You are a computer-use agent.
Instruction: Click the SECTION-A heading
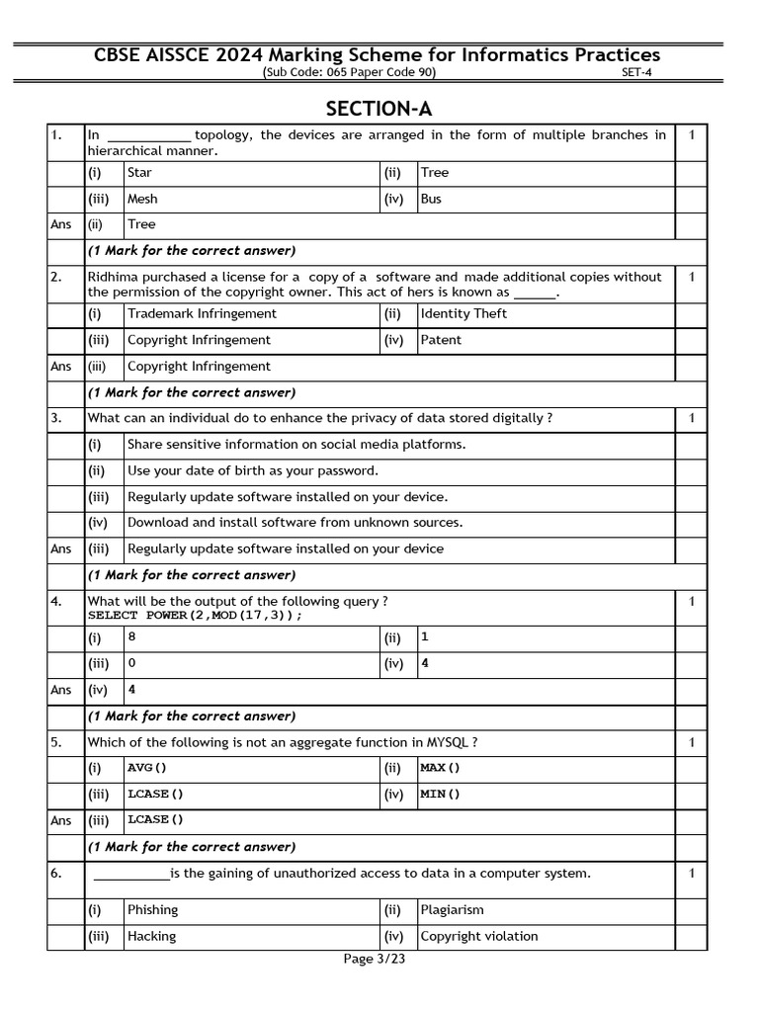[379, 108]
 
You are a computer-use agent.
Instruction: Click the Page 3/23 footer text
[375, 959]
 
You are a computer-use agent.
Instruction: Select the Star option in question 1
[139, 173]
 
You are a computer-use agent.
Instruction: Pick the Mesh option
[142, 199]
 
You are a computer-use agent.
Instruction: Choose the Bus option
[431, 199]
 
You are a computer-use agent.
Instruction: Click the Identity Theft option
[464, 313]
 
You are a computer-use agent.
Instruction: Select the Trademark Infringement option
[202, 313]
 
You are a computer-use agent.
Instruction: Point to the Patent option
[441, 340]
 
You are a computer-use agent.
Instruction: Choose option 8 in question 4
[131, 637]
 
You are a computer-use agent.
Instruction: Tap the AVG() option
[147, 768]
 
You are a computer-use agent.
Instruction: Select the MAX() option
[440, 768]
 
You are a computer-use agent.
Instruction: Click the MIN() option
[440, 794]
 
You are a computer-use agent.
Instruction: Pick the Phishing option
[152, 909]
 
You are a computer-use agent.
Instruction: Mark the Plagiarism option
[452, 909]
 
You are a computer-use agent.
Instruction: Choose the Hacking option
[151, 936]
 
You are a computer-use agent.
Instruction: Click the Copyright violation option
[479, 936]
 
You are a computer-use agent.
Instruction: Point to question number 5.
[56, 742]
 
